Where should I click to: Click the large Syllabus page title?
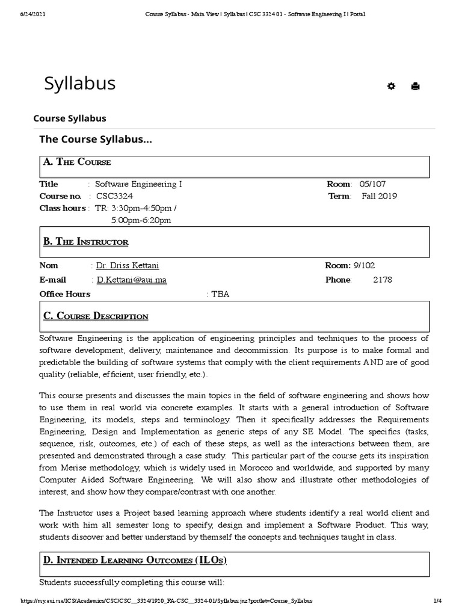click(79, 84)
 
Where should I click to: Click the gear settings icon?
click(391, 86)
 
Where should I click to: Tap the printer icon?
click(415, 86)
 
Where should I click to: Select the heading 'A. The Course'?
click(77, 162)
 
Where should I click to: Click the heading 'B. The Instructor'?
click(85, 241)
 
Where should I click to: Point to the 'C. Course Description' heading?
click(96, 316)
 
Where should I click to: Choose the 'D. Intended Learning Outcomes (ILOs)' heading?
click(135, 560)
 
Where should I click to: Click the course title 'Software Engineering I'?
click(138, 184)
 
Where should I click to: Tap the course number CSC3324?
click(114, 196)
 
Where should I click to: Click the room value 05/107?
click(372, 184)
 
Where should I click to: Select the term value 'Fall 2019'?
click(379, 196)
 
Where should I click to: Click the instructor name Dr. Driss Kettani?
click(128, 265)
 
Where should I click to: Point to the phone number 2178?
click(382, 280)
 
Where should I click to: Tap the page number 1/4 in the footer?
click(437, 601)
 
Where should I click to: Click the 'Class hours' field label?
click(63, 208)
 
